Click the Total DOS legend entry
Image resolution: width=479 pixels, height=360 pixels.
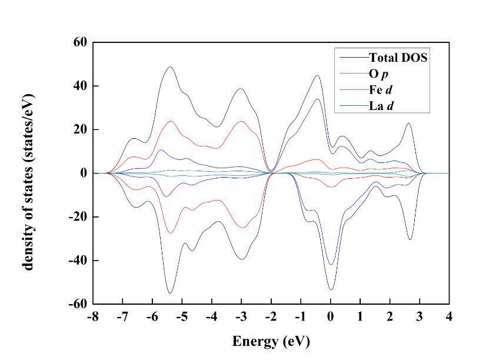397,58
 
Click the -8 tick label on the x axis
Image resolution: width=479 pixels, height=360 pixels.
92,317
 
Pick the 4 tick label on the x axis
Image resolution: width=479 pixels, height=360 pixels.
449,317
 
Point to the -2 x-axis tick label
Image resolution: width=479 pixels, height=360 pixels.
270,317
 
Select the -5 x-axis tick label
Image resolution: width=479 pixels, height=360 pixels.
181,317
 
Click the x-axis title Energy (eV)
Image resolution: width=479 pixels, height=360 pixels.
271,341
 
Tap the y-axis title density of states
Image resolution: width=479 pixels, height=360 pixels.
28,174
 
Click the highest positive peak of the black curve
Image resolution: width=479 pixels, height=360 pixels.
170,66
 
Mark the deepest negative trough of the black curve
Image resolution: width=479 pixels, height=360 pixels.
170,293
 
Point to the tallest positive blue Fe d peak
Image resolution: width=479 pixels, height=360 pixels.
318,99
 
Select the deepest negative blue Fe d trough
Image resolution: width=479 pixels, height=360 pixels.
331,265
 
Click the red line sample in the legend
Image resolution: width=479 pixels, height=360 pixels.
352,74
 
